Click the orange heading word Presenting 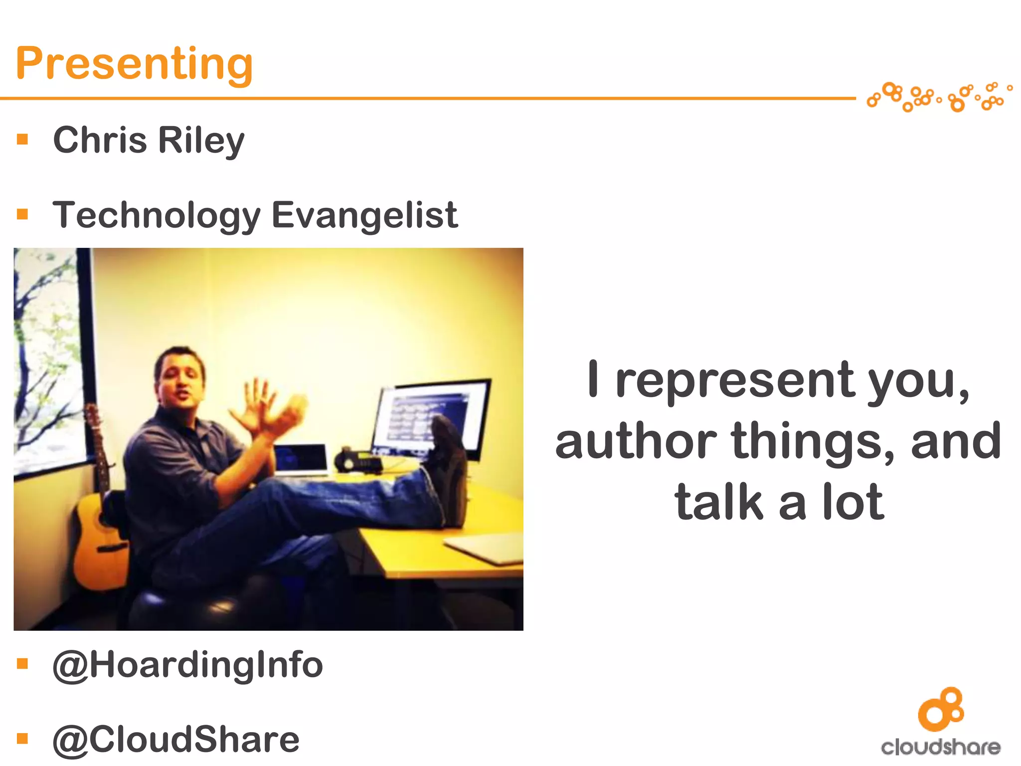tap(135, 63)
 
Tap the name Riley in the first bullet tap(201, 140)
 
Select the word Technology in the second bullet tap(157, 215)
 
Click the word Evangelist tap(364, 215)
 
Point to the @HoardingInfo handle tap(187, 665)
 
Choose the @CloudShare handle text tap(176, 740)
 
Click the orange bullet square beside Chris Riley tap(22, 139)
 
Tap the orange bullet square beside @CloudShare tap(22, 739)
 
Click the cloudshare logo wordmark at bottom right tap(941, 747)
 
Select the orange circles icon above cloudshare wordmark tap(941, 709)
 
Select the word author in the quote tap(636, 442)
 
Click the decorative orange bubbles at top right tap(939, 97)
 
